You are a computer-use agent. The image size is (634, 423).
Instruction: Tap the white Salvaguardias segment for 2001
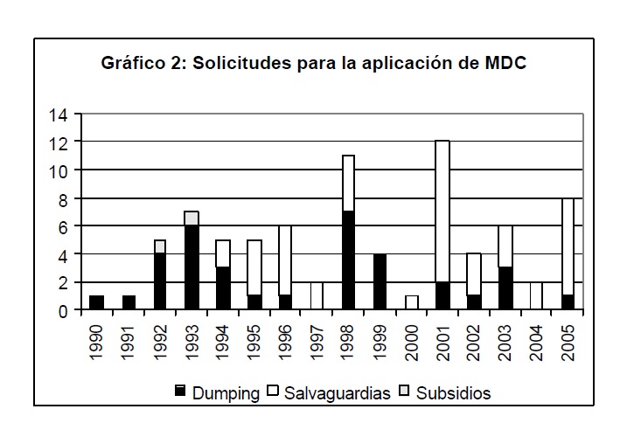point(442,211)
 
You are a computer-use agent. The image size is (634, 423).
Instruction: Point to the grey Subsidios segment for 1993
point(192,218)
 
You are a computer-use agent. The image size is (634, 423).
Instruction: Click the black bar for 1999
point(379,281)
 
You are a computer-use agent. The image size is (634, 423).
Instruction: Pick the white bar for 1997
point(317,295)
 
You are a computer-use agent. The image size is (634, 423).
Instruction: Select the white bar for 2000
point(410,302)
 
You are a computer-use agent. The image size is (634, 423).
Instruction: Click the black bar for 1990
point(97,302)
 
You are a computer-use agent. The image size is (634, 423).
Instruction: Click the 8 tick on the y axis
point(63,198)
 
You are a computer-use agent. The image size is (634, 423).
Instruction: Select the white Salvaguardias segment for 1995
point(254,267)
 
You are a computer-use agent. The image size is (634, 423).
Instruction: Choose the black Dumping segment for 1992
point(160,281)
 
